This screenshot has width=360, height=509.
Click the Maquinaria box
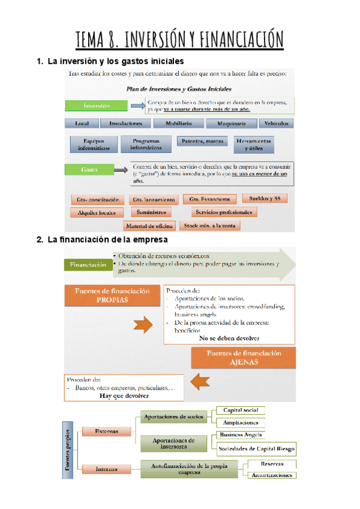(227, 124)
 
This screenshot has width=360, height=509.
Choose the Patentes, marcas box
(202, 142)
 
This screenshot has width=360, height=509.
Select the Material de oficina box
(150, 226)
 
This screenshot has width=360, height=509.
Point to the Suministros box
(152, 212)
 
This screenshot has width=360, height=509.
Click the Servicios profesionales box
(224, 212)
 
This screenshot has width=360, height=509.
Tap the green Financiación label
(88, 264)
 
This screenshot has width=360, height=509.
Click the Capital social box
(240, 410)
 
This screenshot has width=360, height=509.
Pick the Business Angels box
(241, 435)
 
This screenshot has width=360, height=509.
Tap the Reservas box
(272, 464)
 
